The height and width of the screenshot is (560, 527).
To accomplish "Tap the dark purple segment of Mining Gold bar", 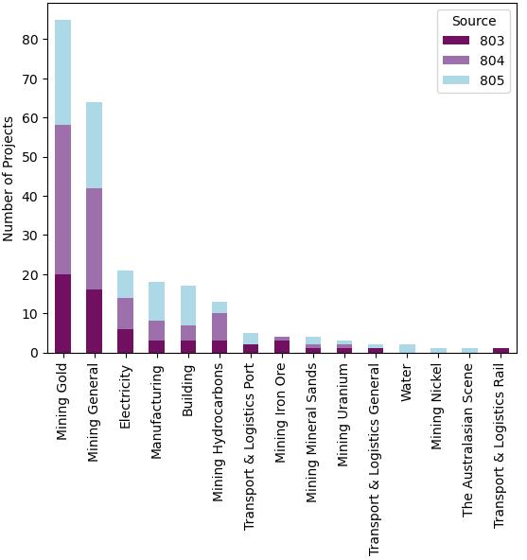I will click(x=62, y=313).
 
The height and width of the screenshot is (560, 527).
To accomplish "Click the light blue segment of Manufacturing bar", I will click(x=156, y=301).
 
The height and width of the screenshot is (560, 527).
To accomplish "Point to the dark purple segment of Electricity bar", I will click(x=125, y=341).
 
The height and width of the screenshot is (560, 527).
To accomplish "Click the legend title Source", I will click(x=474, y=21).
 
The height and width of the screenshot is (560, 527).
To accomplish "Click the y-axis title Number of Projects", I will click(x=9, y=178).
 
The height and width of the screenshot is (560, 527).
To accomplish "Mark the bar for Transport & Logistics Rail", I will click(x=501, y=350).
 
